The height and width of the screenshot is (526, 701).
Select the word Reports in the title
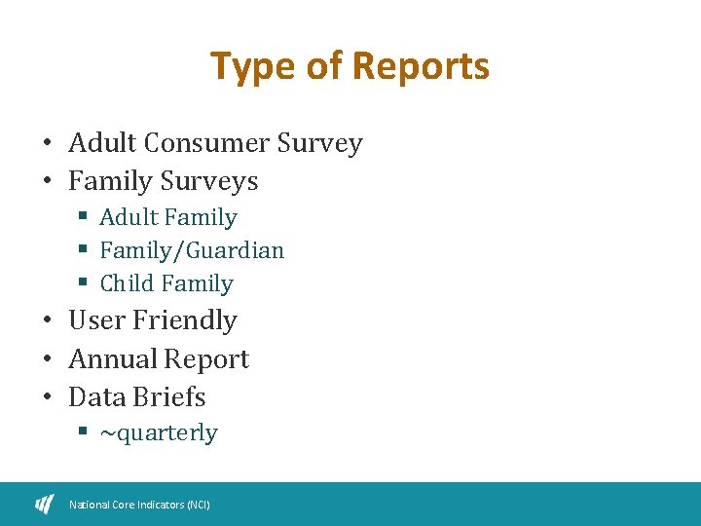click(x=421, y=67)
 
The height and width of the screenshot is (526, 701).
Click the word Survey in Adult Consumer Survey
click(x=319, y=143)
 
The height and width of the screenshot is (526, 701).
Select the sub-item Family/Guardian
click(x=192, y=250)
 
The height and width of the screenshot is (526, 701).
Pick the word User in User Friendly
click(x=96, y=320)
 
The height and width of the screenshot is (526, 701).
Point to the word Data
click(x=95, y=397)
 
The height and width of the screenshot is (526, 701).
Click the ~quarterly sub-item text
click(x=159, y=433)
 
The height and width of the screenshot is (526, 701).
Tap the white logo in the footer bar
click(x=45, y=504)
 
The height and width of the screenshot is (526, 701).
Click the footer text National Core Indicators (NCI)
click(x=139, y=505)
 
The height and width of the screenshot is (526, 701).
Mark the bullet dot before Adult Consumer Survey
click(x=47, y=145)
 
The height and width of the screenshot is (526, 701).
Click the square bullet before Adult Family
click(x=85, y=217)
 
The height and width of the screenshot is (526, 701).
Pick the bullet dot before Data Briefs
click(x=47, y=398)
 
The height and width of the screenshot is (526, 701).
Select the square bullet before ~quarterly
click(x=85, y=432)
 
